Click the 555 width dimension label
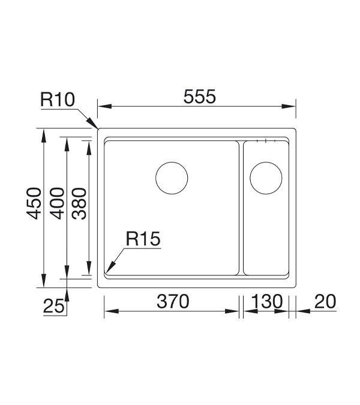pos(199,97)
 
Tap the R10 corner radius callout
pos(58,100)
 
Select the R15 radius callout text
pos(143,238)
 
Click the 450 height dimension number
pos(34,203)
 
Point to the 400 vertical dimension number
pos(57,203)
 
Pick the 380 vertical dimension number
pos(79,203)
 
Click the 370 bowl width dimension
pos(173,301)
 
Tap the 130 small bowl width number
pos(267,301)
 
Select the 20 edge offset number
pos(325,301)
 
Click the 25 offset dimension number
pos(53,307)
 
